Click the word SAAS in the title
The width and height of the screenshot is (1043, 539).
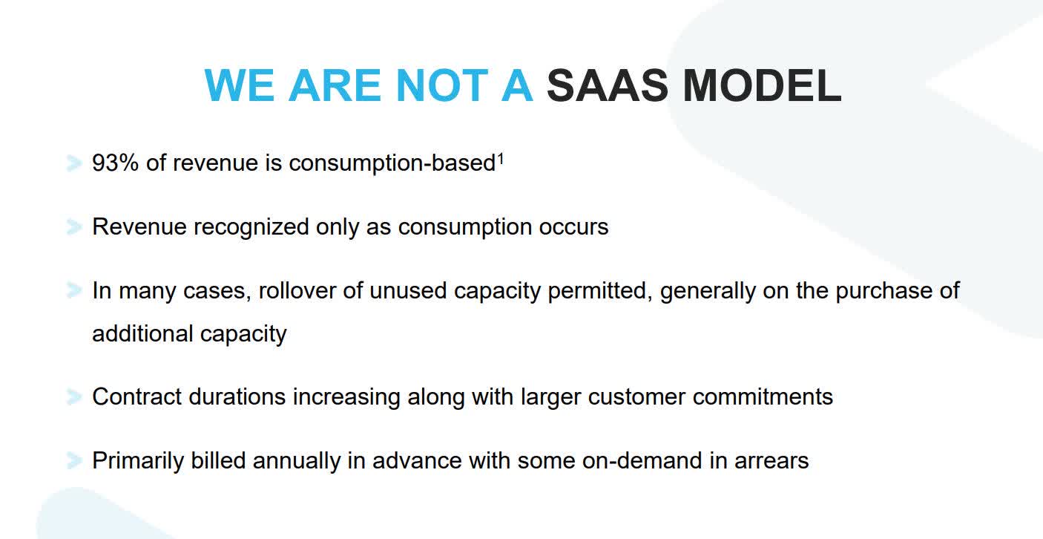(x=607, y=85)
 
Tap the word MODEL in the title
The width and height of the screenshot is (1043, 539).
(x=762, y=85)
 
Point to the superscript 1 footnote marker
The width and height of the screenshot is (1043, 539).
(x=501, y=159)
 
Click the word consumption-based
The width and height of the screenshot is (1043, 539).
(x=392, y=164)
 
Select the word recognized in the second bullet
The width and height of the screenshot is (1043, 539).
(x=251, y=228)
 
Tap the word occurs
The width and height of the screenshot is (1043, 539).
(x=573, y=228)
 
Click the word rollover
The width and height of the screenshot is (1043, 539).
(x=297, y=291)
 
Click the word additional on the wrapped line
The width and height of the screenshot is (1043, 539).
(x=142, y=333)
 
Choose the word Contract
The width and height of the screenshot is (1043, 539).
(x=137, y=397)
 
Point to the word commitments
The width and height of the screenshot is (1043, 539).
(x=763, y=397)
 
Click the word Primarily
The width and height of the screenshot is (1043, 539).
(x=138, y=461)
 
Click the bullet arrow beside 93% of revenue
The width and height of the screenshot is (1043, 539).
(x=74, y=163)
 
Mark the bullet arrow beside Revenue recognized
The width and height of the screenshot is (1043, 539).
(x=74, y=227)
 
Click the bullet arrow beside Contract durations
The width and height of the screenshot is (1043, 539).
(x=74, y=396)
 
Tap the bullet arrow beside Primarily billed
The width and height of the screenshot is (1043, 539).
(x=74, y=460)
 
